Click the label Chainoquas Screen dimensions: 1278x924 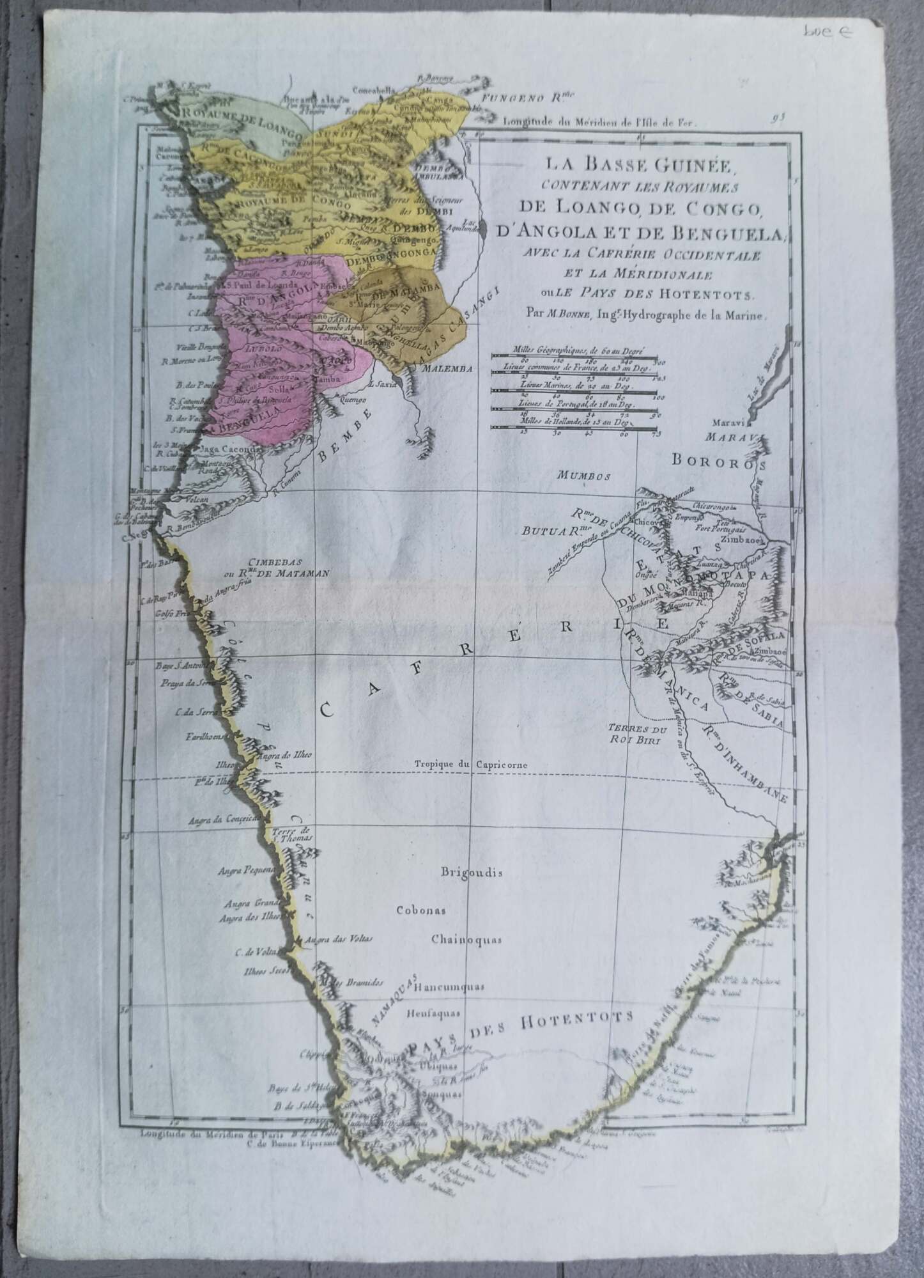pos(466,940)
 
